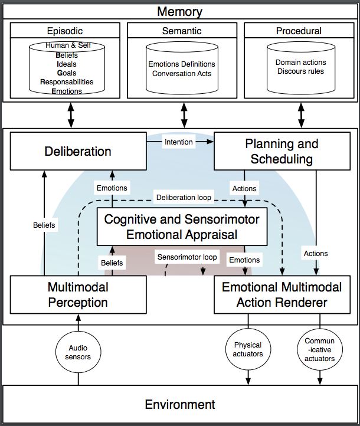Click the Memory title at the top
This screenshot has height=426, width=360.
(179, 12)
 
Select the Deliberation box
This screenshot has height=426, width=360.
(77, 152)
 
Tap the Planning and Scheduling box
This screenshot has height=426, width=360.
(281, 152)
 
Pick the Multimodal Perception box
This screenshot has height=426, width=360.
(77, 295)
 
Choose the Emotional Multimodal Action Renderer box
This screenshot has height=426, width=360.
(281, 295)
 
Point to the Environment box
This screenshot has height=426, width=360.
(179, 405)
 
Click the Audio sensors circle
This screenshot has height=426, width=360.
(78, 352)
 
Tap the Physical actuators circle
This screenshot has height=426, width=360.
(248, 349)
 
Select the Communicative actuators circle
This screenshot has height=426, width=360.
(320, 349)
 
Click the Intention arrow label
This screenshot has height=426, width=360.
(178, 142)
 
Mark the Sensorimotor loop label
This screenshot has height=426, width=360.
(187, 257)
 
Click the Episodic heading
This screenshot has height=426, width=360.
(65, 31)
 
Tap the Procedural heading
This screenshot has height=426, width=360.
(299, 31)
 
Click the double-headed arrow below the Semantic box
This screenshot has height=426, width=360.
(184, 114)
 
